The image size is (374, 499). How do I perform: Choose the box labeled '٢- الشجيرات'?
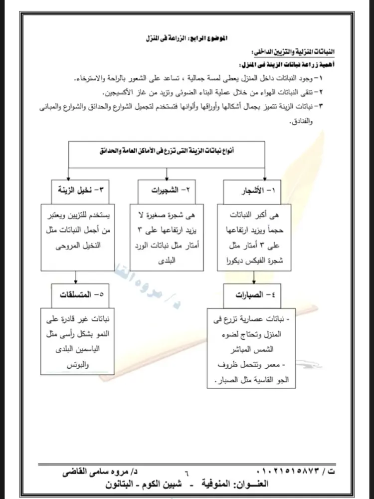(x=167, y=190)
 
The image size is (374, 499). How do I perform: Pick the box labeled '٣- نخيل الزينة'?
(x=80, y=190)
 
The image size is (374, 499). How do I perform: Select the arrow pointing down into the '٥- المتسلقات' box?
(x=75, y=276)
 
